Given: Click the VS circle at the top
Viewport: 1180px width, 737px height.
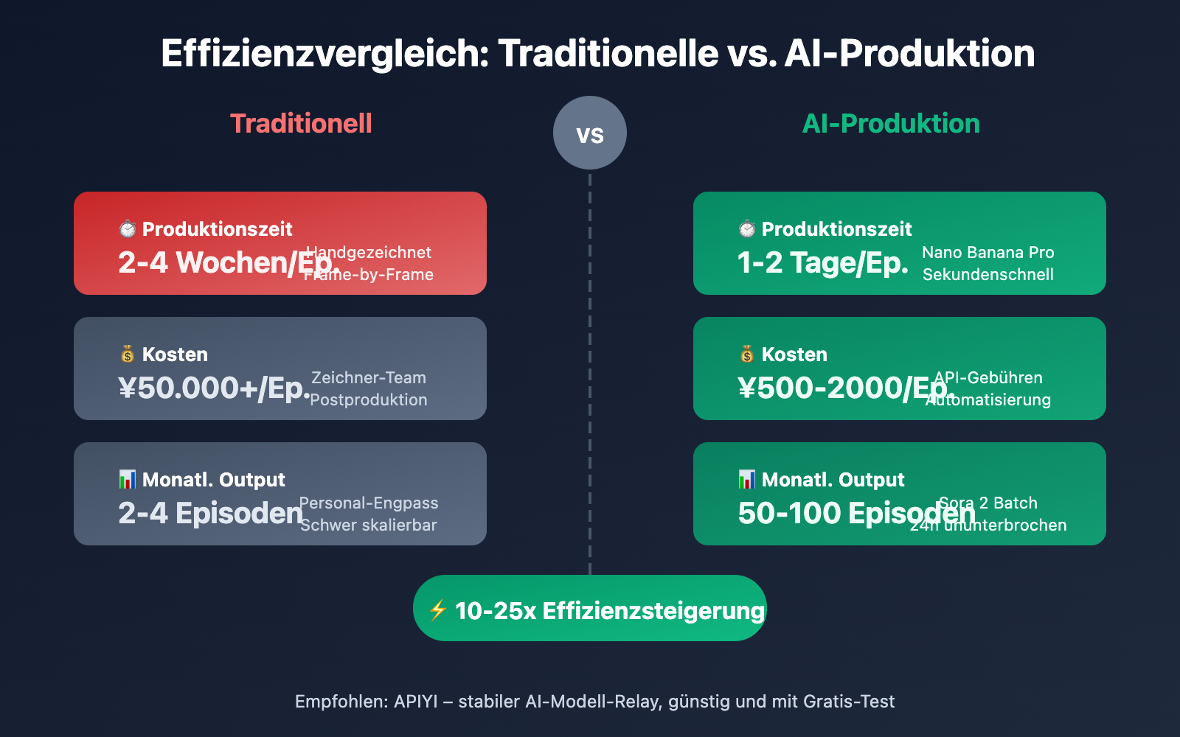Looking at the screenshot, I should pyautogui.click(x=590, y=133).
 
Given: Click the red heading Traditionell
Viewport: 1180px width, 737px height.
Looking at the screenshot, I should pyautogui.click(x=301, y=124).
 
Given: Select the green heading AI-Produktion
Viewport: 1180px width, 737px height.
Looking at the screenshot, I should pyautogui.click(x=891, y=124).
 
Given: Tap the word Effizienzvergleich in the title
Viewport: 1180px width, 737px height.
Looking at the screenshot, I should pyautogui.click(x=324, y=54).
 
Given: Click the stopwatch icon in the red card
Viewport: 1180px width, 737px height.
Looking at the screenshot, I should pyautogui.click(x=128, y=229).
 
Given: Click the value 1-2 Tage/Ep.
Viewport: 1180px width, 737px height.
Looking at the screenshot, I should pyautogui.click(x=822, y=262).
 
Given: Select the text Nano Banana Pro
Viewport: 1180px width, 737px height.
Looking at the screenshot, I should pyautogui.click(x=988, y=252).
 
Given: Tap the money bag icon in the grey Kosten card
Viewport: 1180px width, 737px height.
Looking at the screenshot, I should pyautogui.click(x=128, y=354).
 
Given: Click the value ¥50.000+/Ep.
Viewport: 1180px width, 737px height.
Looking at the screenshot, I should pyautogui.click(x=214, y=388).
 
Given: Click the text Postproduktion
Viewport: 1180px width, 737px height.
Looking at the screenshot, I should pyautogui.click(x=369, y=399).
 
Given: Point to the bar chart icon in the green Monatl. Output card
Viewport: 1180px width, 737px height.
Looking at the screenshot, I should pyautogui.click(x=747, y=480).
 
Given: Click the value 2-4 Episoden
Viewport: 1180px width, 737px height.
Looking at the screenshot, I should pyautogui.click(x=210, y=513).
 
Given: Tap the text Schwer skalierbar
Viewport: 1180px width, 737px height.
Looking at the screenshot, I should pyautogui.click(x=369, y=525).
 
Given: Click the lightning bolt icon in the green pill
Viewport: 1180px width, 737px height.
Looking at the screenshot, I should pyautogui.click(x=437, y=609).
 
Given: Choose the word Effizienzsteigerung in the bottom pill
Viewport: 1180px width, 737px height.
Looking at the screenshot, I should pyautogui.click(x=653, y=611).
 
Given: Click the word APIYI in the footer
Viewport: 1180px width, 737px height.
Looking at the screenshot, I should pyautogui.click(x=416, y=702).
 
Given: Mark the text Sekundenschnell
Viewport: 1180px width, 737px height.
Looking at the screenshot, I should pyautogui.click(x=988, y=274).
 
